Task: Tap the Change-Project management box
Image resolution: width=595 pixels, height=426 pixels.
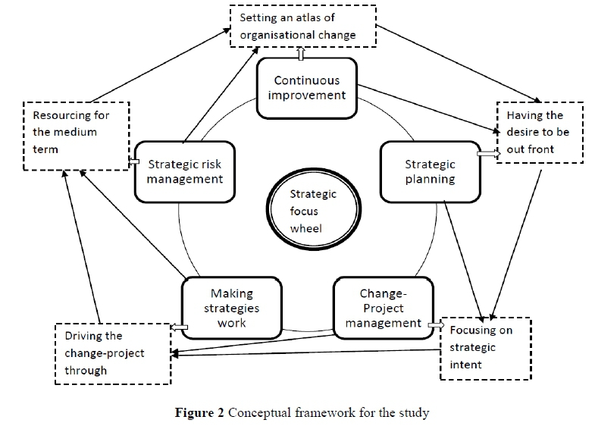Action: [377, 308]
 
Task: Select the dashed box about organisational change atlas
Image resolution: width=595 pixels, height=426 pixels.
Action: [303, 26]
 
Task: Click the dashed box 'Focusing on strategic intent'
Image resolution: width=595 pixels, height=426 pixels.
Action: [485, 348]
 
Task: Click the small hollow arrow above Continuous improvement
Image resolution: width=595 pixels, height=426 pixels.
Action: [301, 54]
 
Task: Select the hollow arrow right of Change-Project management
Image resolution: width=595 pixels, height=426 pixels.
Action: [436, 324]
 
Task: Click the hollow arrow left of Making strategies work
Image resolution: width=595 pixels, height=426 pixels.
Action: [174, 327]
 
